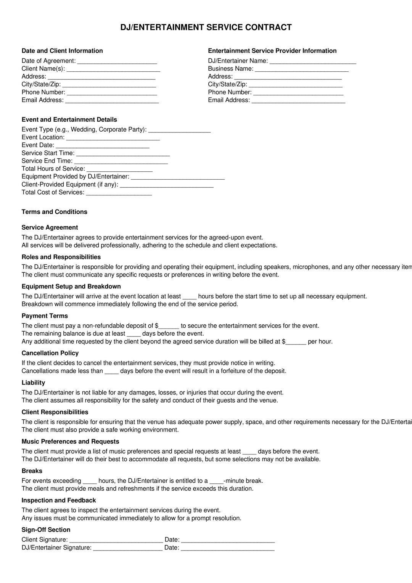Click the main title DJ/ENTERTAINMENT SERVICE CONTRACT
(206, 27)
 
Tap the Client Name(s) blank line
(113, 69)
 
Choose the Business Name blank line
(301, 69)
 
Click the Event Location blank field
(113, 138)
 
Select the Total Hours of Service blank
(119, 169)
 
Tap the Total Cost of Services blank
(119, 193)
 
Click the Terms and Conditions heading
(55, 212)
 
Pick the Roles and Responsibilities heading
(61, 257)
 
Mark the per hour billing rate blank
(296, 342)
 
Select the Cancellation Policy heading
(50, 353)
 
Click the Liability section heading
(33, 383)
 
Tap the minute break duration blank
(216, 481)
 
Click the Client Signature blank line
(116, 540)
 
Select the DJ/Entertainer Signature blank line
(128, 548)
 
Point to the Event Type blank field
(179, 130)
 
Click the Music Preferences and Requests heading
(70, 441)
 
